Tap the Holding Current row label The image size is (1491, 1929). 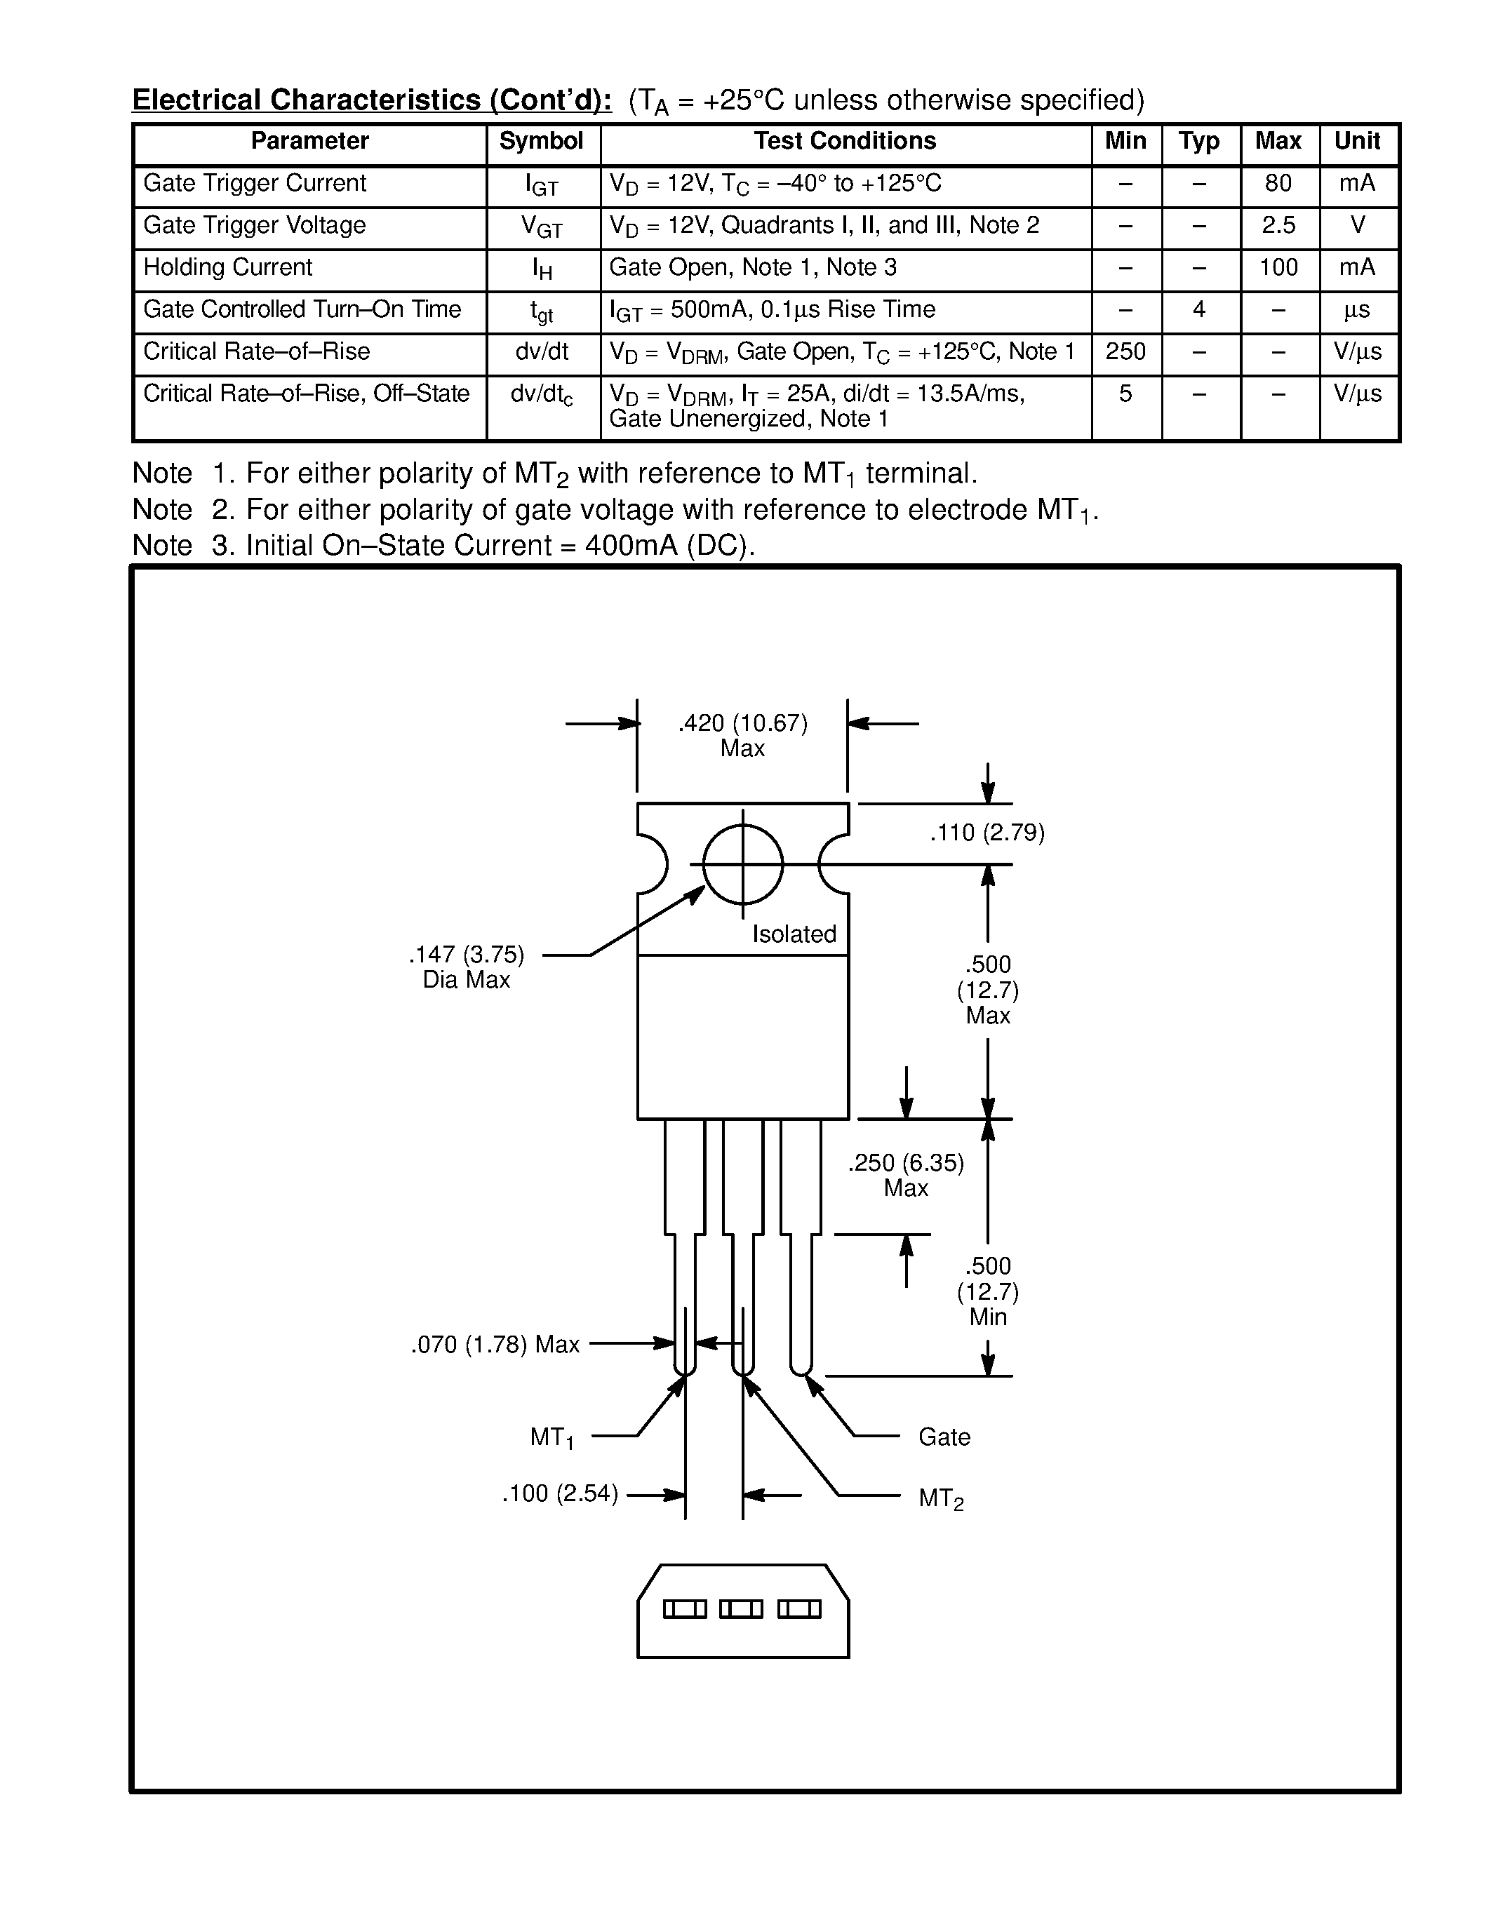click(228, 268)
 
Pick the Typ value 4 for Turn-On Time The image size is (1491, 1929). click(1198, 310)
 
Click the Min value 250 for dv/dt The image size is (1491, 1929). click(1125, 351)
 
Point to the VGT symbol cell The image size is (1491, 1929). click(542, 228)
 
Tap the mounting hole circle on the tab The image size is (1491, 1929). click(743, 863)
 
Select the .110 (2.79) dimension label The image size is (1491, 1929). click(987, 833)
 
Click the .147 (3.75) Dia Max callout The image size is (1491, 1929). click(467, 967)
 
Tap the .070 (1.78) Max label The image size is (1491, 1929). click(495, 1344)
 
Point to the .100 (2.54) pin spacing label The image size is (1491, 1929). click(560, 1493)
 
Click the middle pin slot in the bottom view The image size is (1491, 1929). click(740, 1609)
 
